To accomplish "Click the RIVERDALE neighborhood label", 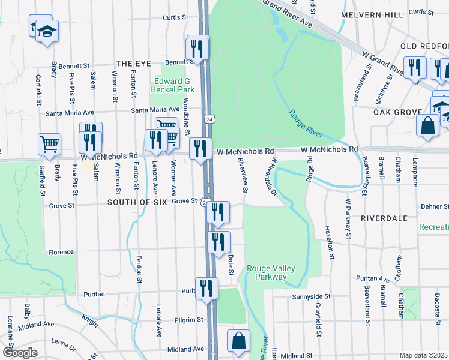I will [x=384, y=219].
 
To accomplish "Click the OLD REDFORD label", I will [x=425, y=46].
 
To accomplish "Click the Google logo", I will [x=20, y=353].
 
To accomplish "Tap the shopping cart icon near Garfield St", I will [x=49, y=143].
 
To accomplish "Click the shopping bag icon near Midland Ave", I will [x=238, y=340].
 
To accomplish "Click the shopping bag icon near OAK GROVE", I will [x=427, y=125].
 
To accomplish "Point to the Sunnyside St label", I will [x=311, y=296].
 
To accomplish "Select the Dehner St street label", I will [x=435, y=206].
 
